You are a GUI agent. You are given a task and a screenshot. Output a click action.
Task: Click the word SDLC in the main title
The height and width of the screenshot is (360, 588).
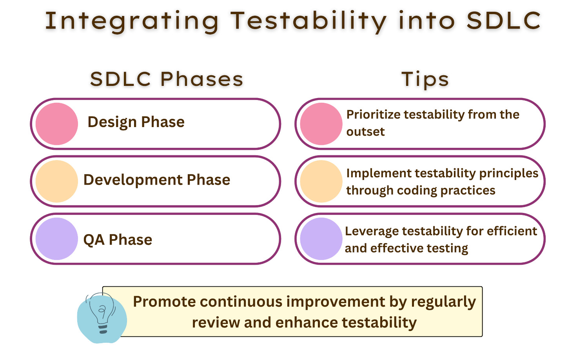pyautogui.click(x=503, y=21)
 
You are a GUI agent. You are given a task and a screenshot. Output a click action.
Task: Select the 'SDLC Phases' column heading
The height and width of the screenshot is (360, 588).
pyautogui.click(x=167, y=79)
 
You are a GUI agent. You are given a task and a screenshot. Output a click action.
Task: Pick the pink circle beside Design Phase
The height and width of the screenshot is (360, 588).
pyautogui.click(x=57, y=124)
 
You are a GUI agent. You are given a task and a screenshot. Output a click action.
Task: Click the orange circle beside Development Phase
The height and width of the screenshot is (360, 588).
pyautogui.click(x=57, y=182)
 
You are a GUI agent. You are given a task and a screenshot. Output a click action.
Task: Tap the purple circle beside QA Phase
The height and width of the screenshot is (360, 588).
pyautogui.click(x=57, y=239)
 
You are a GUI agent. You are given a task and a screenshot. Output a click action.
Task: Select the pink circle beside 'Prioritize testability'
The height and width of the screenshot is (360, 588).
pyautogui.click(x=321, y=124)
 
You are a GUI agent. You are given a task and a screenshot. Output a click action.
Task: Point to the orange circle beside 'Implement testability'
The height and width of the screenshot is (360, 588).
pyautogui.click(x=321, y=182)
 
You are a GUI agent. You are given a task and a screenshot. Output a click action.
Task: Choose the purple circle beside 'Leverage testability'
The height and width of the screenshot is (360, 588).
pyautogui.click(x=321, y=239)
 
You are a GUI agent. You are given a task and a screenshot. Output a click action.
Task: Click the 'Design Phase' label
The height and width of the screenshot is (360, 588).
pyautogui.click(x=136, y=122)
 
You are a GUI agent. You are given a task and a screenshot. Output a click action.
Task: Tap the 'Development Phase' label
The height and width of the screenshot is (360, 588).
pyautogui.click(x=157, y=180)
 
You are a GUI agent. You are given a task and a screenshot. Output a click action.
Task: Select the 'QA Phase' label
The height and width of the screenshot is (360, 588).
pyautogui.click(x=118, y=240)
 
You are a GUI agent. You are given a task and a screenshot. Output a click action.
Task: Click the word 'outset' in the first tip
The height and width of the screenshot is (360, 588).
pyautogui.click(x=365, y=131)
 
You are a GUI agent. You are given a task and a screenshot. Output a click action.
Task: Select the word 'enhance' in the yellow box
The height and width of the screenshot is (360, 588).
pyautogui.click(x=307, y=322)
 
